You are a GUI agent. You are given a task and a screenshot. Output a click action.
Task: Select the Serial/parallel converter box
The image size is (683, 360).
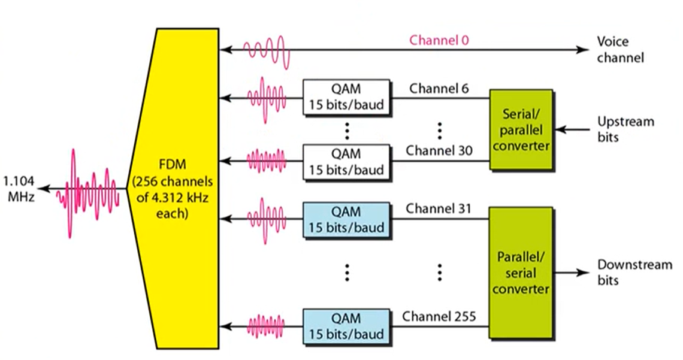pos(521,130)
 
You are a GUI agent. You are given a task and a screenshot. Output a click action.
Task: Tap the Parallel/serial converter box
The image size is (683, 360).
pos(521,273)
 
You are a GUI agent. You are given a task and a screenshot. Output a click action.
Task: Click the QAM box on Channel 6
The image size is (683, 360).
pos(346,97)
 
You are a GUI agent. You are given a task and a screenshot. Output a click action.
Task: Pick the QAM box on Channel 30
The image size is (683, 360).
pos(346,162)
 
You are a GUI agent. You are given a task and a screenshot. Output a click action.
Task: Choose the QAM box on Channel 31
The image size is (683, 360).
pos(346,220)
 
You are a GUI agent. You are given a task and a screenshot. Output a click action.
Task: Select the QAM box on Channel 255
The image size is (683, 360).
pos(346,326)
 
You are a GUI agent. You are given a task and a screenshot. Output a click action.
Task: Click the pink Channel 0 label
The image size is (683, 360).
pos(439,40)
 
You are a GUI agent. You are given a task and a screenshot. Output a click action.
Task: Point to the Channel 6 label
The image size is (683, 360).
pos(439,89)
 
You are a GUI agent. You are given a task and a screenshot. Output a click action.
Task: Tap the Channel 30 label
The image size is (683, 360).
pos(439,150)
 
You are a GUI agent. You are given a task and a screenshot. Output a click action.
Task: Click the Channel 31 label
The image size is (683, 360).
pos(439,208)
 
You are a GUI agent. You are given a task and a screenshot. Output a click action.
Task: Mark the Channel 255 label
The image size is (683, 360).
pos(439,316)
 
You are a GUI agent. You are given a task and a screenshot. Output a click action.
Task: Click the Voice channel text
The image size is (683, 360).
pos(620,50)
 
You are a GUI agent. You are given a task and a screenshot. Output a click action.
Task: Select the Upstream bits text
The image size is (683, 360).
pos(625,129)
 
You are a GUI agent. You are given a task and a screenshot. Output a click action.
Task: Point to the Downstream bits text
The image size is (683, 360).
pos(634,273)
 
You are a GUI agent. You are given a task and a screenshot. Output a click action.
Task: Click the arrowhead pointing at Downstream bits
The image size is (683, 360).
pos(583,273)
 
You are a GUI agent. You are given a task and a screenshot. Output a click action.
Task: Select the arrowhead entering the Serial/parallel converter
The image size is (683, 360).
pos(560,129)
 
